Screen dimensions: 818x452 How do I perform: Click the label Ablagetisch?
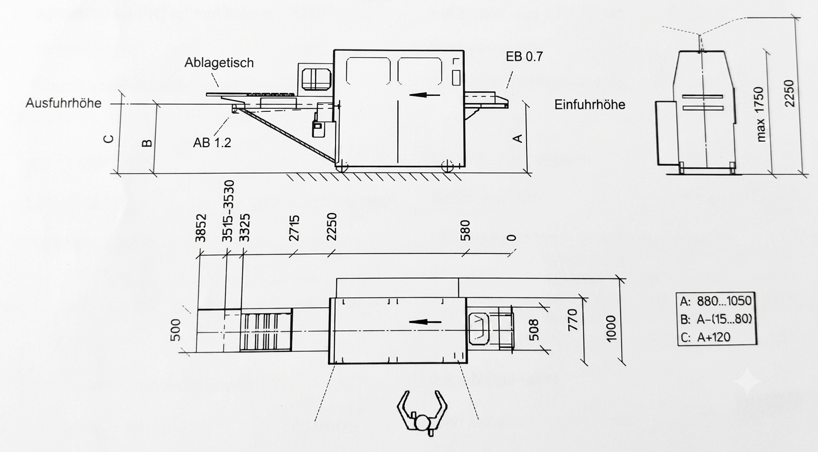pyautogui.click(x=219, y=62)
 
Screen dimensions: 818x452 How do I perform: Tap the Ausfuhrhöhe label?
pyautogui.click(x=63, y=103)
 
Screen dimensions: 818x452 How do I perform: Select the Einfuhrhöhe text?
pyautogui.click(x=590, y=105)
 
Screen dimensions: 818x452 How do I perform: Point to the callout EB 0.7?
pyautogui.click(x=524, y=56)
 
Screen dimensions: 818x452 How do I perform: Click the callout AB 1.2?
pyautogui.click(x=212, y=142)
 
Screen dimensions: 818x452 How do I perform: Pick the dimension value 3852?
pyautogui.click(x=201, y=228)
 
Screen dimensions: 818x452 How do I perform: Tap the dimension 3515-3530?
pyautogui.click(x=227, y=211)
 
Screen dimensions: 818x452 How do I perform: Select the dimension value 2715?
pyautogui.click(x=294, y=228)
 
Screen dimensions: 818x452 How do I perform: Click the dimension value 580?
pyautogui.click(x=465, y=230)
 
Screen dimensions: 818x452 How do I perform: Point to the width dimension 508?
pyautogui.click(x=534, y=330)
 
